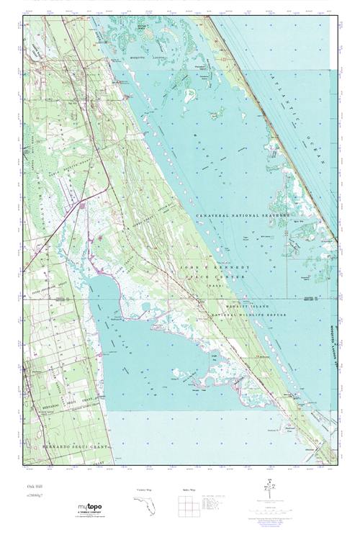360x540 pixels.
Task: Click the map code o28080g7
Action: click(33, 498)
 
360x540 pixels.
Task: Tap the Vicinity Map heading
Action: click(144, 490)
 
